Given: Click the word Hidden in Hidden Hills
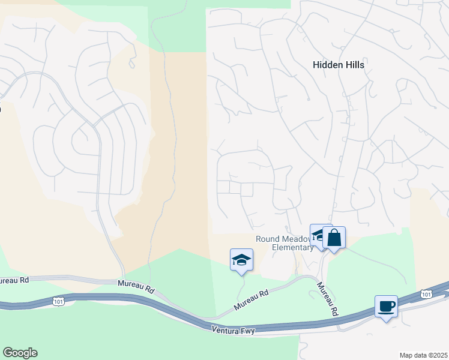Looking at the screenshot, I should pos(328,65).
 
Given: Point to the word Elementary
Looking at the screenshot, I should pos(294,247).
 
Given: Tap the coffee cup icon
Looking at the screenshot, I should pos(386,307).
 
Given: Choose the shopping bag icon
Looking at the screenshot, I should pos(334,238).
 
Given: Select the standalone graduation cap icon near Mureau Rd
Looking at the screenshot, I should pos(241,260).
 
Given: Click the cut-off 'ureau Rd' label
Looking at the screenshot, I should pos(14,280).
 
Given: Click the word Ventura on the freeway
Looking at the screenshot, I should pos(225,330).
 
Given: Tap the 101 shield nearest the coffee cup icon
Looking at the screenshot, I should pos(426,293).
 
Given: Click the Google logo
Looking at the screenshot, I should pos(20,353).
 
